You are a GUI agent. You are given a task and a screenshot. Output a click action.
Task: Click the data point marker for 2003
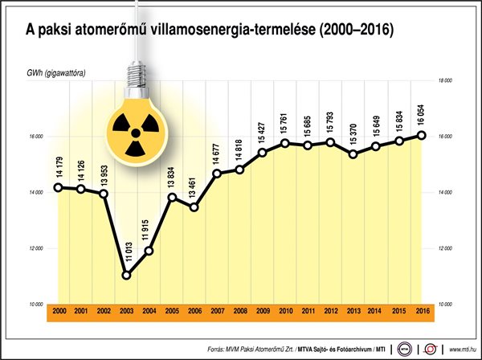point(126,276)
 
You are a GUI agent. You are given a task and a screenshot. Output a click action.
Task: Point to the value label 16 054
point(422,114)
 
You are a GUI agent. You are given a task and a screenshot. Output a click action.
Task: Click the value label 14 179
point(59,168)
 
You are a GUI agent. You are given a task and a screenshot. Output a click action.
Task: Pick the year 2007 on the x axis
point(217,311)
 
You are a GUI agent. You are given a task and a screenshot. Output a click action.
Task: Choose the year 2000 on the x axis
point(59,311)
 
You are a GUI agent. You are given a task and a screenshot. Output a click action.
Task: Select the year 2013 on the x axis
point(353,311)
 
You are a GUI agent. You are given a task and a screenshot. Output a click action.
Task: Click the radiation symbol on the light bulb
point(129,125)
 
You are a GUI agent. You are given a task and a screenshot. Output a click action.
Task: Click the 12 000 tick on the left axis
point(37,248)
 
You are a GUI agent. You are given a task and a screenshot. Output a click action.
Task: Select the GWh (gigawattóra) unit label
point(56,74)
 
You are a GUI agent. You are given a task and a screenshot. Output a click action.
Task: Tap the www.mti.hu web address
point(462,350)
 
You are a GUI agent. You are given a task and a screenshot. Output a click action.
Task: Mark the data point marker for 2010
point(285,143)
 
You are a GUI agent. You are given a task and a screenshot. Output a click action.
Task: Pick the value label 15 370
point(353,133)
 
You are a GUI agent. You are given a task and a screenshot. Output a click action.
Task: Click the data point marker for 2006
point(194,207)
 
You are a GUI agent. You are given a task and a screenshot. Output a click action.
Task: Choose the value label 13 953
point(104,174)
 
